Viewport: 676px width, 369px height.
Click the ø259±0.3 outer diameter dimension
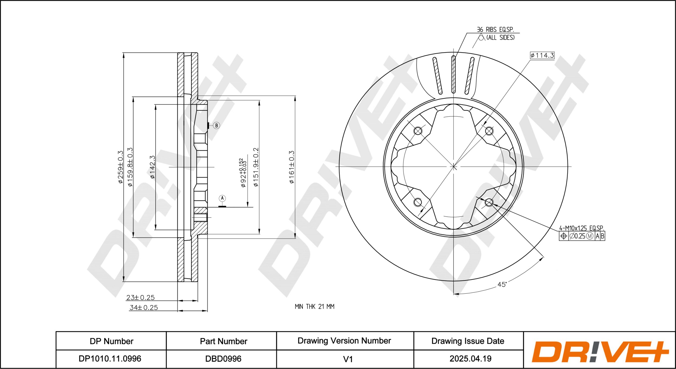[120, 167]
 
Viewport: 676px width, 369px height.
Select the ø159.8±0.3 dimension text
[130, 167]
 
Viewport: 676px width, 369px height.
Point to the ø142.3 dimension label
[153, 167]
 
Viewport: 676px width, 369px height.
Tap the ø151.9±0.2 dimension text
[256, 167]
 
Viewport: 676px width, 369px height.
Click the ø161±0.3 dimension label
[291, 167]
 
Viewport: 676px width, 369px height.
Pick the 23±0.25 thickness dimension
[141, 297]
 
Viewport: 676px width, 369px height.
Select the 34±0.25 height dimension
[144, 307]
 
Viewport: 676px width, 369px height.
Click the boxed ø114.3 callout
[542, 55]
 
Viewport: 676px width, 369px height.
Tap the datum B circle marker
[216, 125]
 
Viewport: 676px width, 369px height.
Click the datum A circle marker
[222, 198]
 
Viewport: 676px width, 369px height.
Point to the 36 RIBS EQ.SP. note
[495, 30]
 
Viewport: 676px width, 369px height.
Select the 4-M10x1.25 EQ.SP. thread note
[581, 228]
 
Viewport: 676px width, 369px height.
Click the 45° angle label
[502, 285]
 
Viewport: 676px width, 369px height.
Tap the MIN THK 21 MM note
[314, 306]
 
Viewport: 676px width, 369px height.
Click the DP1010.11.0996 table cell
[110, 359]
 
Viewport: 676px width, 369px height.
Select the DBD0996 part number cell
[223, 359]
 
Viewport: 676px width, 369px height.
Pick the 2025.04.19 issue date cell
[470, 359]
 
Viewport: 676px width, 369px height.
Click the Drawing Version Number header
[344, 341]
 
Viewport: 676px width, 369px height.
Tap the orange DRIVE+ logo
[600, 352]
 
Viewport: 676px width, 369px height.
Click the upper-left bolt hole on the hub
[418, 131]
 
